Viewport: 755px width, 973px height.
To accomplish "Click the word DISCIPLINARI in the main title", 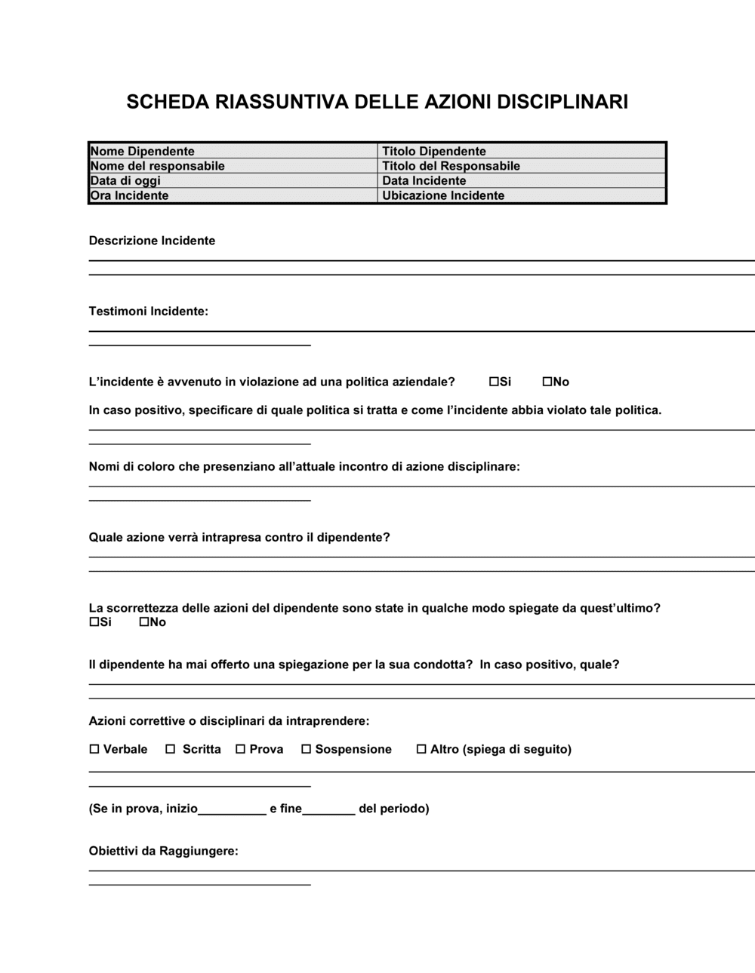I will (x=562, y=102).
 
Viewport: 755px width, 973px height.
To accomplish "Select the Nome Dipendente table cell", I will (x=233, y=151).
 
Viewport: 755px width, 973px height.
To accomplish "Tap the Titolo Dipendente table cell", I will (x=522, y=151).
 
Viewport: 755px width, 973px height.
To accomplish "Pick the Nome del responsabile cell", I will (x=233, y=166).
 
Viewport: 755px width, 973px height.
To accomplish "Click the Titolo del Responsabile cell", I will (x=522, y=166).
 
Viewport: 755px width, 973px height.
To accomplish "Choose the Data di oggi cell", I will (x=233, y=181).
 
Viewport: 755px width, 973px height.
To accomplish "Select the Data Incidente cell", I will (x=522, y=181).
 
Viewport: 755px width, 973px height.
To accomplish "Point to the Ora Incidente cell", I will (x=233, y=196).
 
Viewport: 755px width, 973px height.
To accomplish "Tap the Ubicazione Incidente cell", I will (x=522, y=196).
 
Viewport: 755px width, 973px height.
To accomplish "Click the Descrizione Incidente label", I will (x=152, y=241).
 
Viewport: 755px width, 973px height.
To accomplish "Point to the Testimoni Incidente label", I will (x=148, y=311).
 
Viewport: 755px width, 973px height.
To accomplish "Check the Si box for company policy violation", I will (x=494, y=382).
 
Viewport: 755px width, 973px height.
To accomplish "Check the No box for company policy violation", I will (x=547, y=382).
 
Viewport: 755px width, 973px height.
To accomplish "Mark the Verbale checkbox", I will (x=94, y=749).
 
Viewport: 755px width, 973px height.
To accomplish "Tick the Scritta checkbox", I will (x=171, y=749).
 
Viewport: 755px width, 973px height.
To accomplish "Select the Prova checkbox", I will (x=240, y=749).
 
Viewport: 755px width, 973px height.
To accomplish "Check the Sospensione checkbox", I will (x=306, y=749).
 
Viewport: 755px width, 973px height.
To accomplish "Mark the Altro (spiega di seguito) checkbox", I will (x=421, y=749).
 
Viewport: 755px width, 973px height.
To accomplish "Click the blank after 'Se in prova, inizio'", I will (x=232, y=809).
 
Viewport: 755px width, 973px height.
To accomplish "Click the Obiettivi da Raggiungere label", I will (x=163, y=851).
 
